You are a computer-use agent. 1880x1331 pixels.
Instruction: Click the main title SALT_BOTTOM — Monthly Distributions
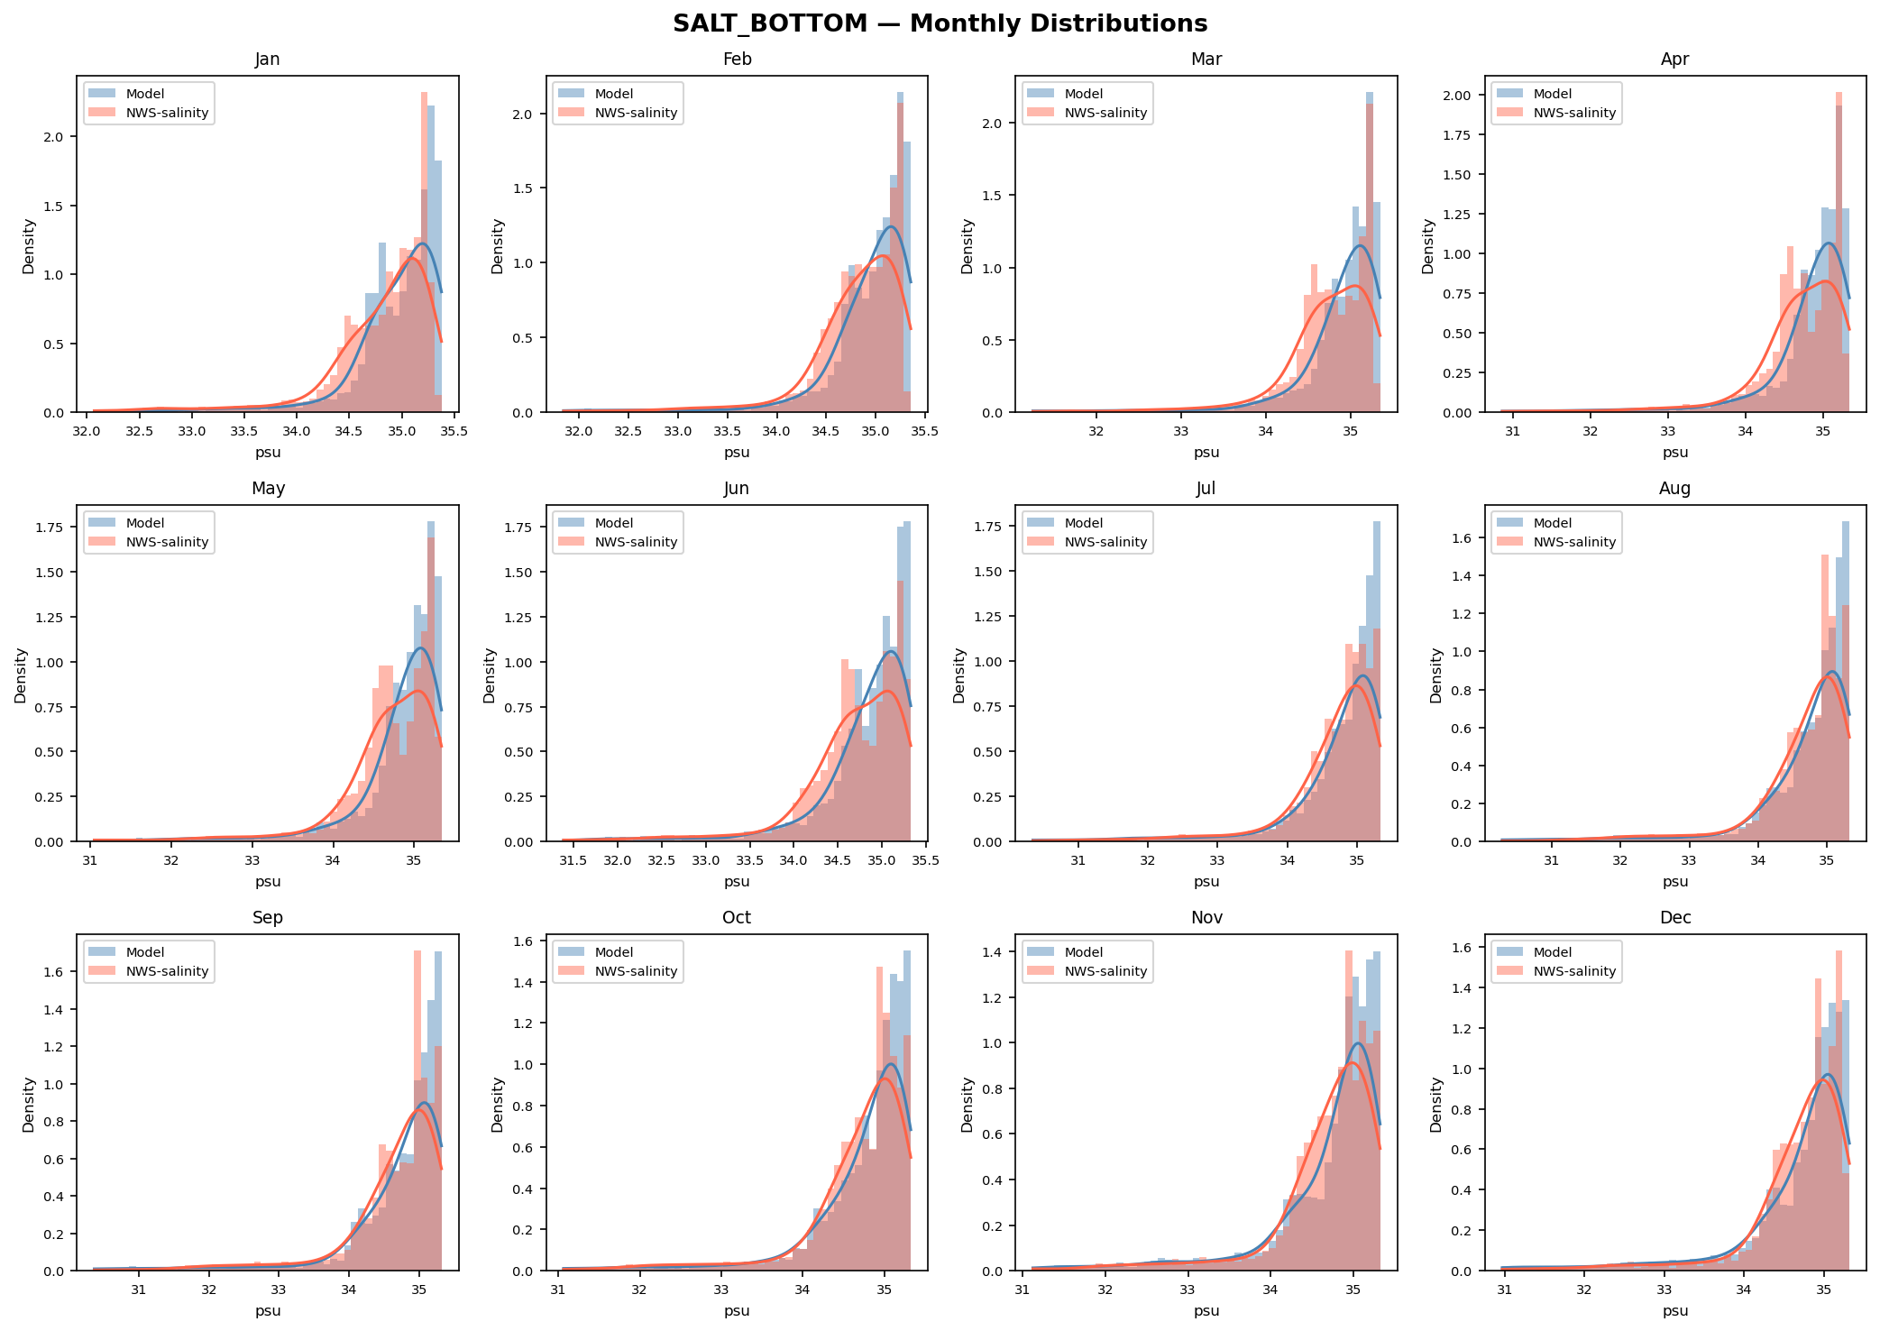click(940, 23)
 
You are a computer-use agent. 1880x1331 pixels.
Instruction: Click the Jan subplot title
click(268, 60)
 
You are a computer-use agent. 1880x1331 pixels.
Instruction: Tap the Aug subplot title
click(1674, 489)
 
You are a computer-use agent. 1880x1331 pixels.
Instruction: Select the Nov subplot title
click(1206, 918)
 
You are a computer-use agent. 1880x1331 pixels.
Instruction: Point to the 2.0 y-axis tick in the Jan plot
click(54, 137)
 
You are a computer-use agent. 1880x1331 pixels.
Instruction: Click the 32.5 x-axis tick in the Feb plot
click(628, 431)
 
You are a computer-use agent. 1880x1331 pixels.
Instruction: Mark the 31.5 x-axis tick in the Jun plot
click(573, 860)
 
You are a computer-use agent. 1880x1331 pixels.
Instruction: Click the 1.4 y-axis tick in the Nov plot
click(993, 952)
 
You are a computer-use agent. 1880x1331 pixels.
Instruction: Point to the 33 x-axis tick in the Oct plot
click(721, 1290)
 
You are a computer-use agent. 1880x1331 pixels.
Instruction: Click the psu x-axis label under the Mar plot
click(1206, 453)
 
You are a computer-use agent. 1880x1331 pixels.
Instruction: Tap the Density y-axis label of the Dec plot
click(1436, 1105)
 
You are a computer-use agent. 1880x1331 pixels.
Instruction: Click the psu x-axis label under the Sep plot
click(268, 1311)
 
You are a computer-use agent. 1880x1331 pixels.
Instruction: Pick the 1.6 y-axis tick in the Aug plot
click(1462, 538)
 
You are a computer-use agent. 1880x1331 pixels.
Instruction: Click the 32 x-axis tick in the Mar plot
click(1096, 431)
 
